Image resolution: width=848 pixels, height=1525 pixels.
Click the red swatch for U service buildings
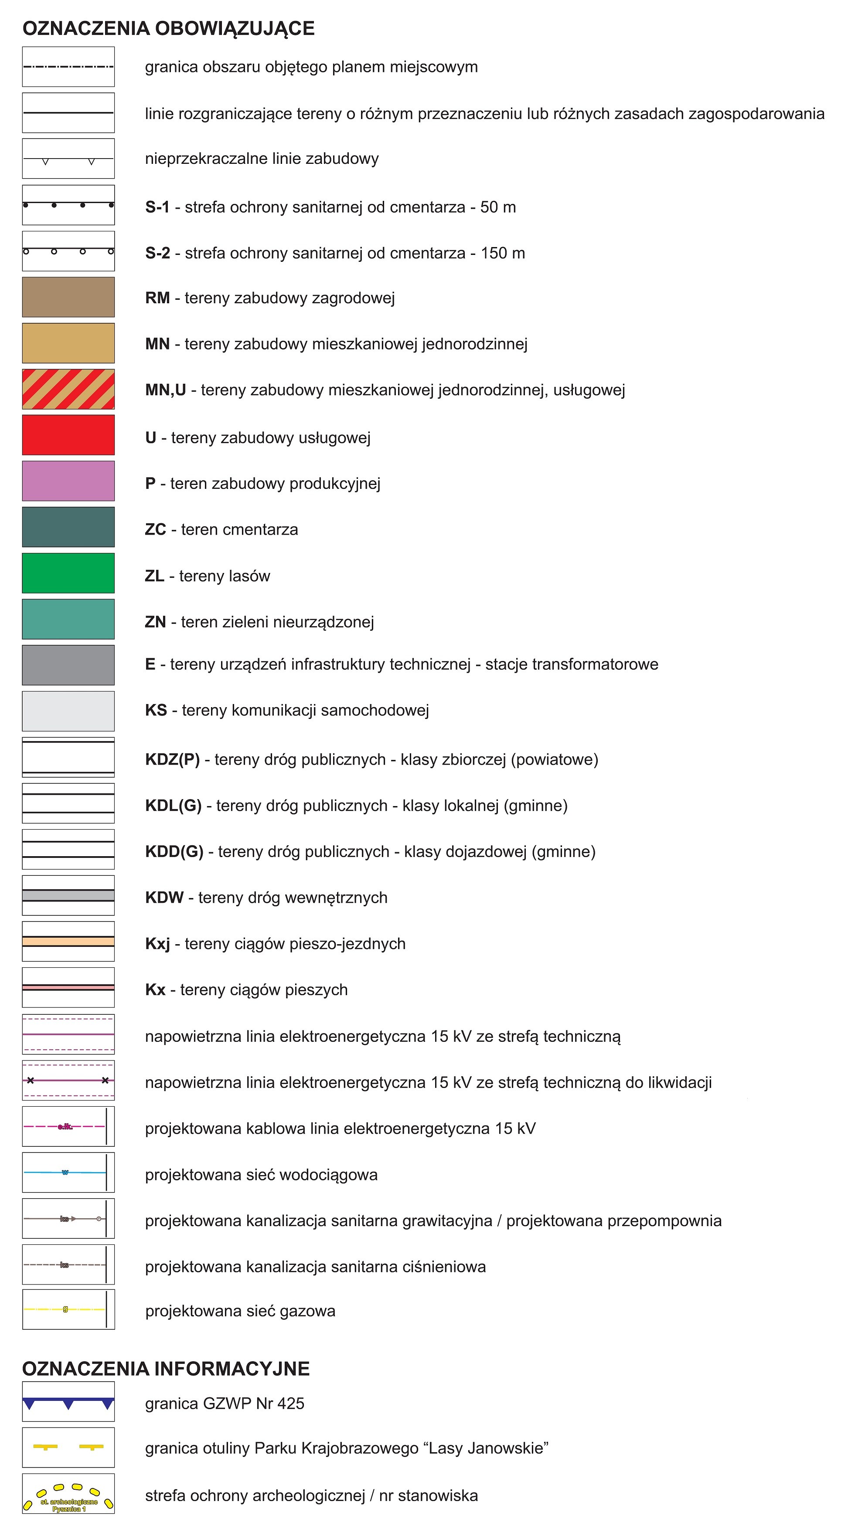coord(68,435)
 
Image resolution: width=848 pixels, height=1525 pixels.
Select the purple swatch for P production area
coord(68,481)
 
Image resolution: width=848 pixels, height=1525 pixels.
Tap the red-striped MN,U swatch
coord(68,389)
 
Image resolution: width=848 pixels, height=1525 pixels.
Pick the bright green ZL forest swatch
coord(68,573)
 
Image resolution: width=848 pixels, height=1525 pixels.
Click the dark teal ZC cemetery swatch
coord(68,527)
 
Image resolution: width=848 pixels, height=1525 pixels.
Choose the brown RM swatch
coord(68,297)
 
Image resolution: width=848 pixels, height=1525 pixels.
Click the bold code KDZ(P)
coord(172,759)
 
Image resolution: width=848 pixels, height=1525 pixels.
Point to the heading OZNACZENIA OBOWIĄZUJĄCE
coord(168,28)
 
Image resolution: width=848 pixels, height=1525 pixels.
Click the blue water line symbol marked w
coord(65,1172)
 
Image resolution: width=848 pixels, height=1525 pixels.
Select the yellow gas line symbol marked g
coord(65,1309)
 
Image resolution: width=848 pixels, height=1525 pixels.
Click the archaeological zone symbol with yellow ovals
coord(68,1494)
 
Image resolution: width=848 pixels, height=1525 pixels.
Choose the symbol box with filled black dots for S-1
coord(68,205)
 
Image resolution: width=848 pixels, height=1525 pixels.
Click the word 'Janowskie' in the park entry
coord(508,1448)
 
